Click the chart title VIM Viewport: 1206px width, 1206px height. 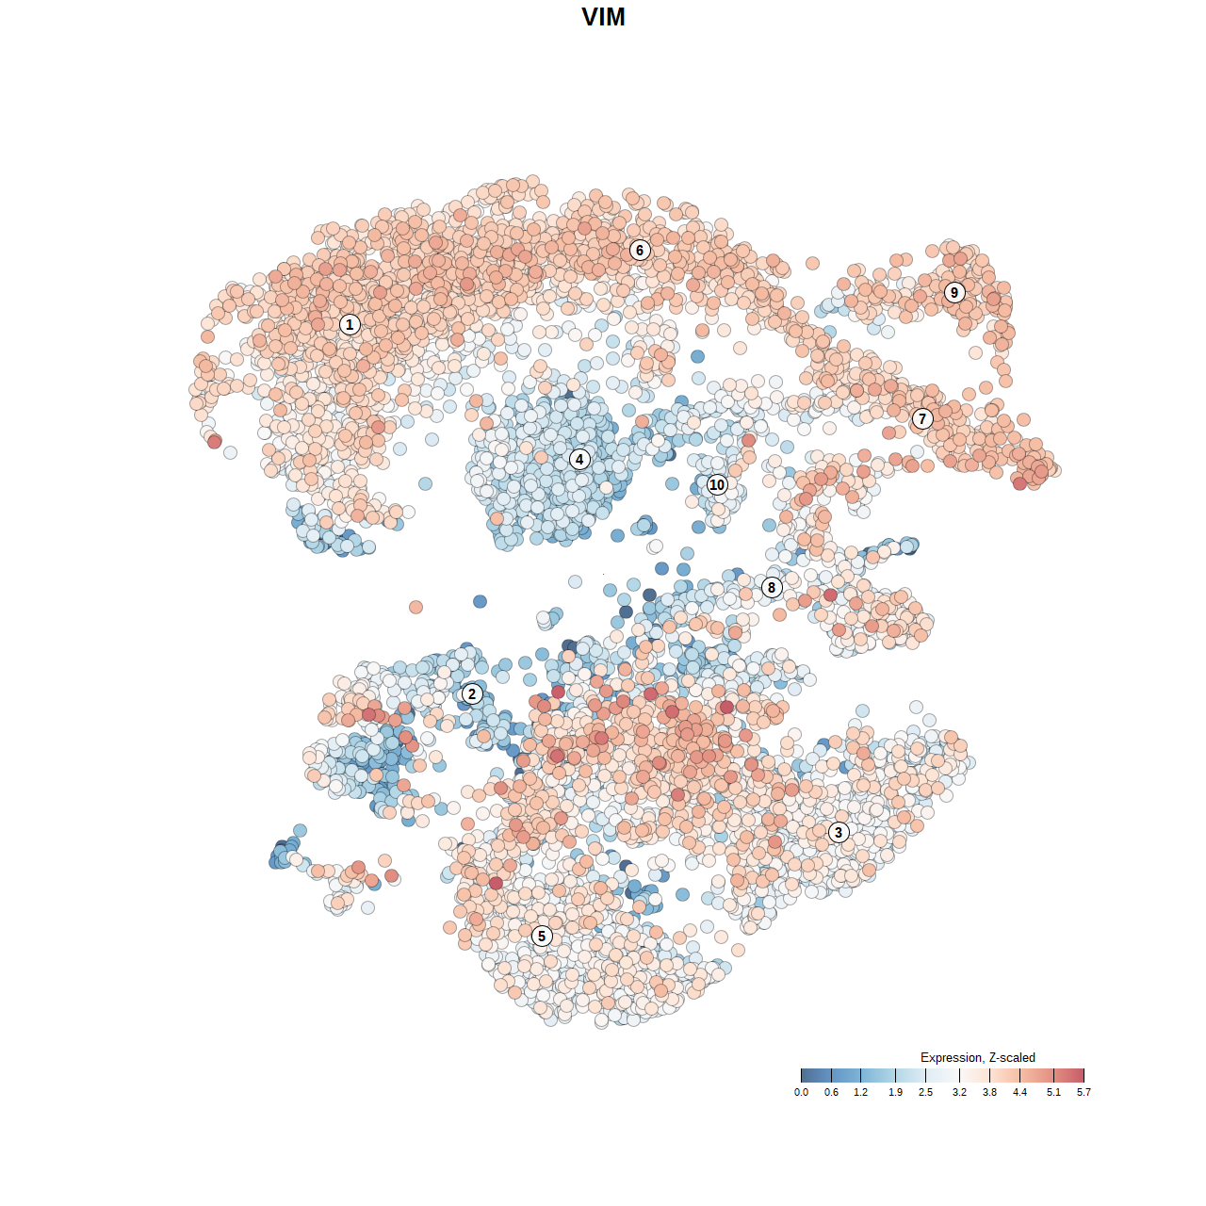click(603, 17)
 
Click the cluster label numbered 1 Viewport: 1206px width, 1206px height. click(350, 324)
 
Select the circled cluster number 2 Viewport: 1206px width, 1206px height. click(472, 694)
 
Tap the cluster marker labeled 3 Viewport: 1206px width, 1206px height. click(839, 832)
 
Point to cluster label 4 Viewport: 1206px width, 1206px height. click(579, 459)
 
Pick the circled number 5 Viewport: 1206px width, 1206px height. click(541, 936)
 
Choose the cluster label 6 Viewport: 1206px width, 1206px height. click(640, 250)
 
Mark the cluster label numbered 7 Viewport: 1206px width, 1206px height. click(922, 418)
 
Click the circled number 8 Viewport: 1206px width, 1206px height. click(772, 587)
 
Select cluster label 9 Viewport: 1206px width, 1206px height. click(954, 292)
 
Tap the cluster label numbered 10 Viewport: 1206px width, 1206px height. click(717, 484)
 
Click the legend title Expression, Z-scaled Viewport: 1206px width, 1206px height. click(977, 1057)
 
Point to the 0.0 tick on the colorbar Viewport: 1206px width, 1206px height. click(801, 1092)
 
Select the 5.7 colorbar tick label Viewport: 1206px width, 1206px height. click(1084, 1092)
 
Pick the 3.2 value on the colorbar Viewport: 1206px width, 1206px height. click(959, 1092)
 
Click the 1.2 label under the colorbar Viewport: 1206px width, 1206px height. click(861, 1092)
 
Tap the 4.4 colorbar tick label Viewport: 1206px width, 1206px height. click(1020, 1092)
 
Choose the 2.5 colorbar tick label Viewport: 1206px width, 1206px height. click(926, 1092)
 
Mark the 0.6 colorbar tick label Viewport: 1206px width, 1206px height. click(831, 1092)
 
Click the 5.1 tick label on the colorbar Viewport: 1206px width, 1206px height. click(1053, 1092)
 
